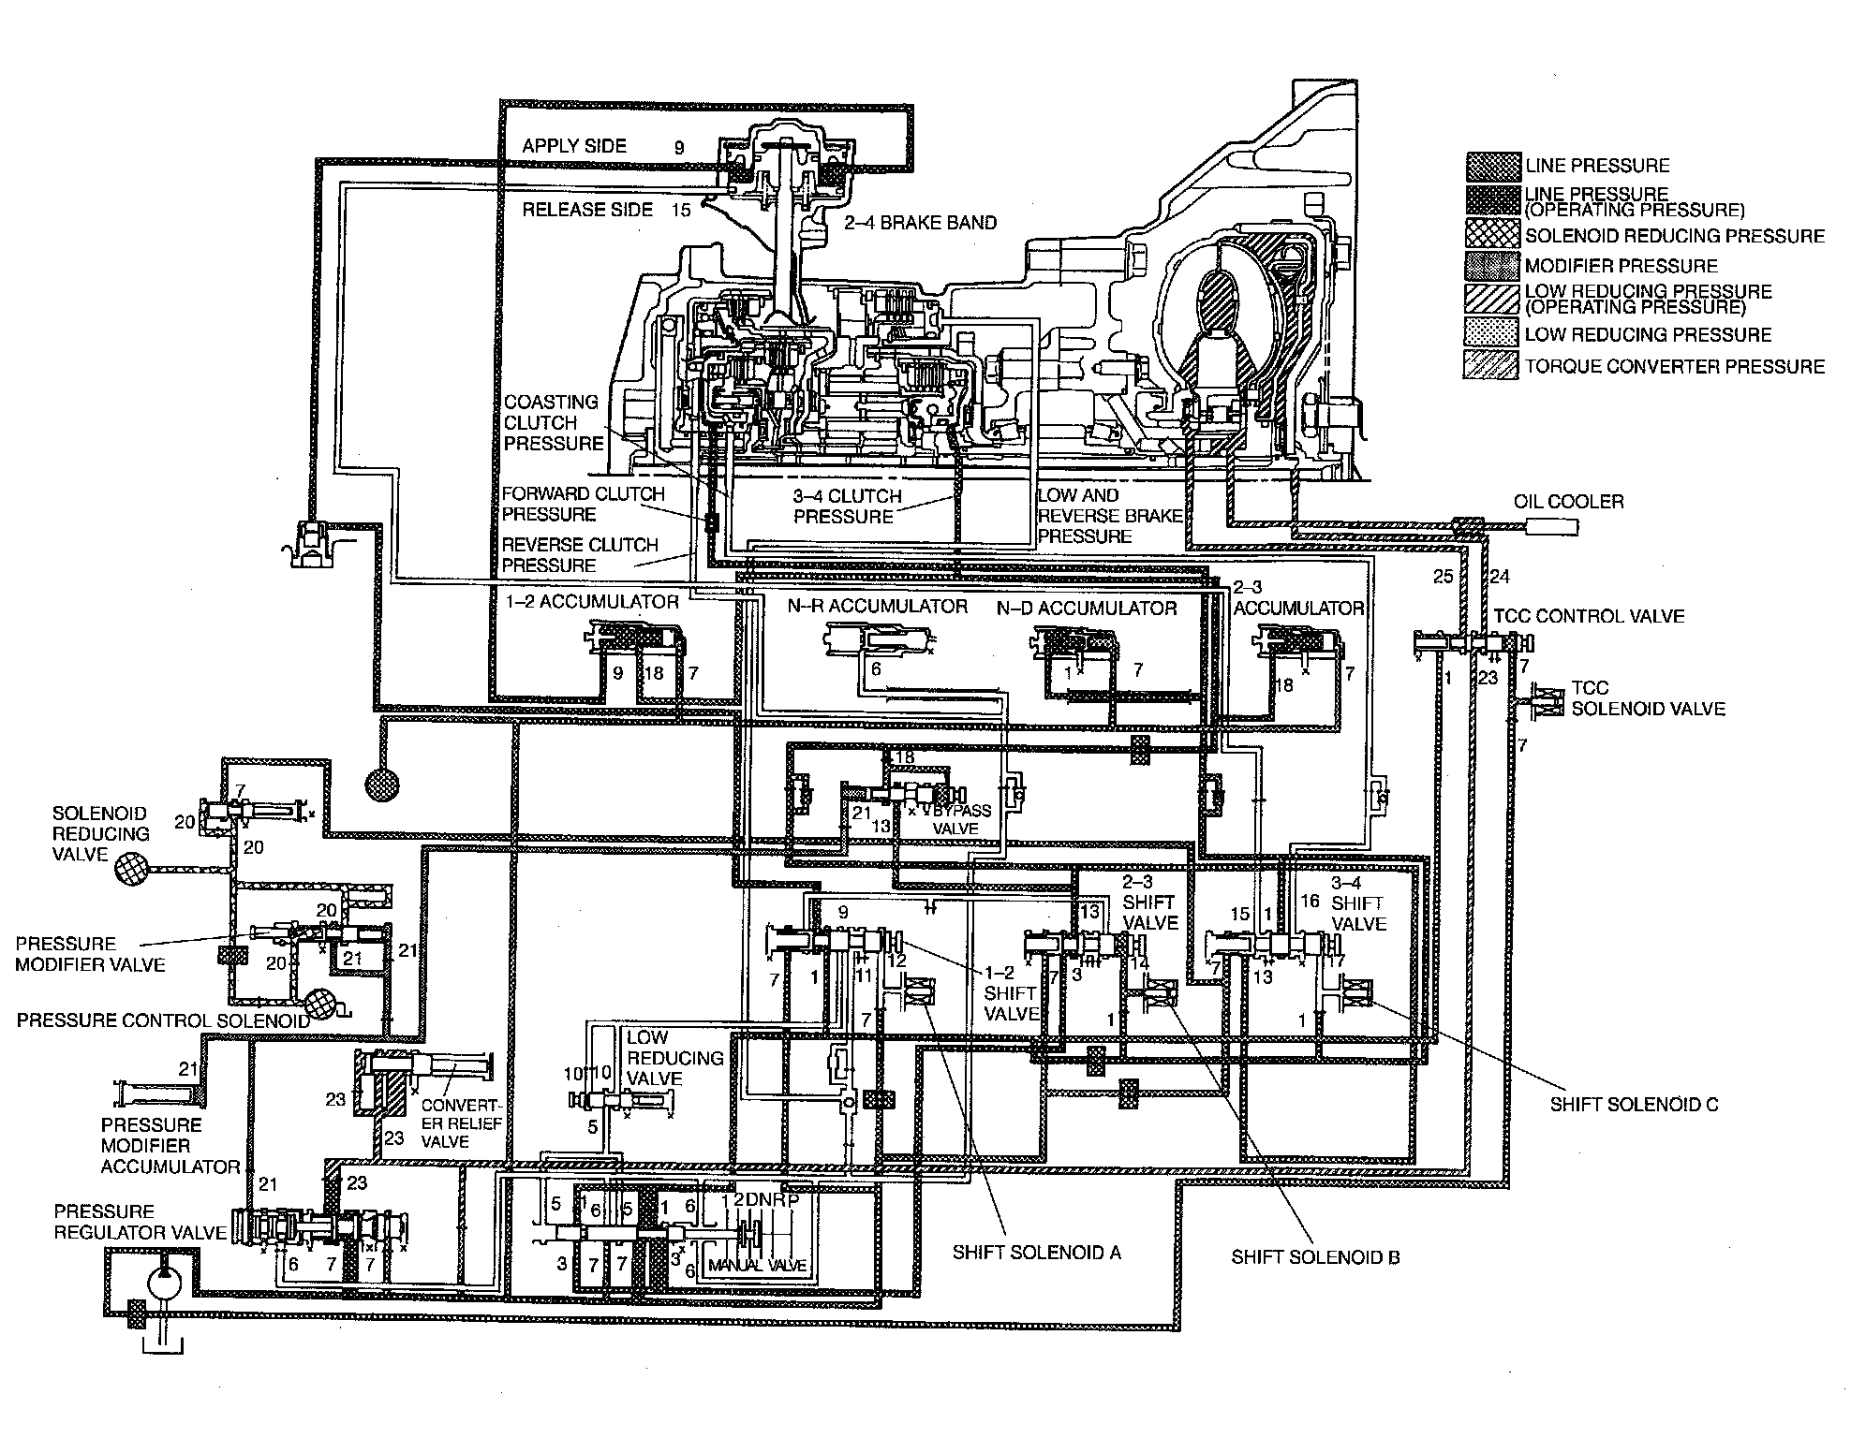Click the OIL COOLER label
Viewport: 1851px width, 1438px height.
pyautogui.click(x=1568, y=502)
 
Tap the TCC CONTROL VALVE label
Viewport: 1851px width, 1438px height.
pyautogui.click(x=1589, y=616)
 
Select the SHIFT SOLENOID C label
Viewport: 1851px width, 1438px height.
pyautogui.click(x=1634, y=1104)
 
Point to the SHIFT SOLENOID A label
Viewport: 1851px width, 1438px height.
pyautogui.click(x=1036, y=1253)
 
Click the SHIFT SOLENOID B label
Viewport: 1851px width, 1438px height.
pyautogui.click(x=1315, y=1257)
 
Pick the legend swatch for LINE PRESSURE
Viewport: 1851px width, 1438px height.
pyautogui.click(x=1492, y=166)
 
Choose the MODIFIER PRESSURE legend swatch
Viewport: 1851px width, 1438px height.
pyautogui.click(x=1492, y=266)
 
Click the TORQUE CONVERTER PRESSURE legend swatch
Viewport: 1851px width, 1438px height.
pyautogui.click(x=1492, y=366)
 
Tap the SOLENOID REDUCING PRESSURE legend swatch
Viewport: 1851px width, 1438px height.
pyautogui.click(x=1492, y=234)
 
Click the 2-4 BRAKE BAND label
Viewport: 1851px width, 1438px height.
pyautogui.click(x=920, y=223)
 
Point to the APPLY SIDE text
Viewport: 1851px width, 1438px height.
pyautogui.click(x=574, y=146)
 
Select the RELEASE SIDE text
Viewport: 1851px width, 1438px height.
pyautogui.click(x=587, y=210)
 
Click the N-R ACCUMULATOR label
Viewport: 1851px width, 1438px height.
pyautogui.click(x=877, y=607)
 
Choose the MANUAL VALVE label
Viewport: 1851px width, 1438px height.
pyautogui.click(x=757, y=1266)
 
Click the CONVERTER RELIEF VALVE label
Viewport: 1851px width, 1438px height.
pyautogui.click(x=461, y=1123)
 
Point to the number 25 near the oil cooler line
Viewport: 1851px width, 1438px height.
pyautogui.click(x=1443, y=576)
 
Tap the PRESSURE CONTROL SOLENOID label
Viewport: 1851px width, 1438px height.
pyautogui.click(x=163, y=1020)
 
